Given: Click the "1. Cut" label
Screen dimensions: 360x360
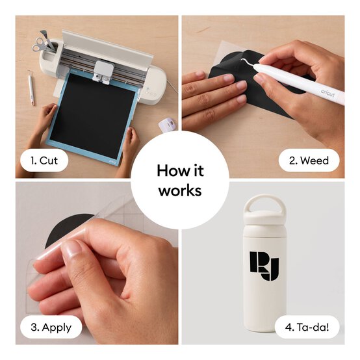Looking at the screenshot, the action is (44, 161).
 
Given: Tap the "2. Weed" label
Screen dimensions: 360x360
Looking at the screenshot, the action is (309, 161).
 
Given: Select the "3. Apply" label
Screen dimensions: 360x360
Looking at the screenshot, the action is (51, 328).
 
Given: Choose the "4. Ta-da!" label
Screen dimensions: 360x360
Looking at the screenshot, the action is (307, 327).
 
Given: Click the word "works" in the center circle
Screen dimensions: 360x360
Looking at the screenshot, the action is (180, 190).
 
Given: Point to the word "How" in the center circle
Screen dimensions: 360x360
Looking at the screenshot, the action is (170, 171).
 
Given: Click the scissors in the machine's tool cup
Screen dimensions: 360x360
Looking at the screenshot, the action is (40, 44).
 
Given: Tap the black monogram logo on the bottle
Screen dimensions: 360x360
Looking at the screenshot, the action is (264, 266).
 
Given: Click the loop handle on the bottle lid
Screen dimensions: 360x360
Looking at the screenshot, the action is (264, 204).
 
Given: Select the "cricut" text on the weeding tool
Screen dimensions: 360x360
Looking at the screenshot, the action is (328, 93).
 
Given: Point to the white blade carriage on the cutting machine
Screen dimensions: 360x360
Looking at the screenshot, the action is (103, 70).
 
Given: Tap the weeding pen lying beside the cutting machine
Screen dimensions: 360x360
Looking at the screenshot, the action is (31, 88).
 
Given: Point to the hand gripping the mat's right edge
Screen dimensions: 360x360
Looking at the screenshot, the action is (131, 142).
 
